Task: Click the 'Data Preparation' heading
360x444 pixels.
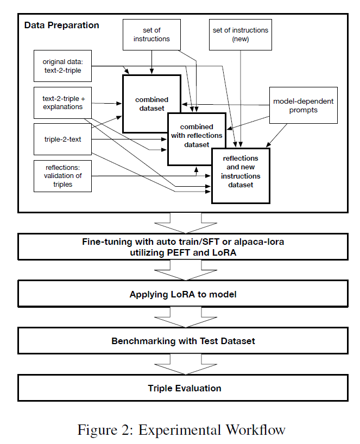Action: pyautogui.click(x=62, y=26)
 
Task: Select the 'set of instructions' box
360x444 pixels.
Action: pyautogui.click(x=151, y=34)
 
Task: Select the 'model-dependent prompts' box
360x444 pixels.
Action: pyautogui.click(x=303, y=105)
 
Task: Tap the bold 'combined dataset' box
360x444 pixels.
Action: pyautogui.click(x=151, y=104)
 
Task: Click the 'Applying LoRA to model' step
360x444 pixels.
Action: pyautogui.click(x=183, y=294)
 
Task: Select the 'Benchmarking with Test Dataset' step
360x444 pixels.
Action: pyautogui.click(x=183, y=341)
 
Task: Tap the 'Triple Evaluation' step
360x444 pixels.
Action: pyautogui.click(x=183, y=388)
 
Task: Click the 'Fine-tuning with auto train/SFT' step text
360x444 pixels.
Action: pyautogui.click(x=183, y=243)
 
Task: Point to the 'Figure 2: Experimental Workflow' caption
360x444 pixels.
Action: pyautogui.click(x=181, y=430)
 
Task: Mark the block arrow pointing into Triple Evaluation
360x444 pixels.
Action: pyautogui.click(x=182, y=364)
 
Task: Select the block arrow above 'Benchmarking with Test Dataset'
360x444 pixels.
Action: pyautogui.click(x=182, y=318)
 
